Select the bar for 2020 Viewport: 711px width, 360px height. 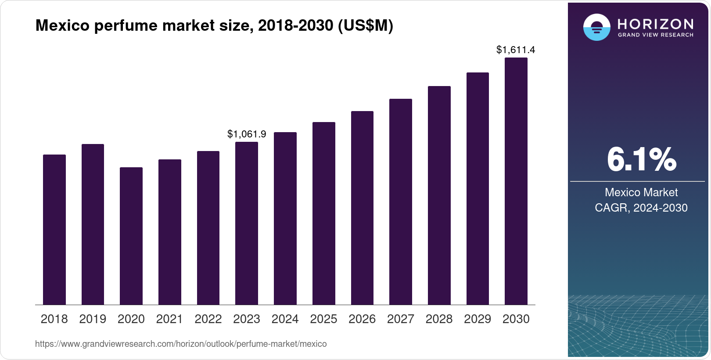pos(131,236)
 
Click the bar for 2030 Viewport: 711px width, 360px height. pos(516,181)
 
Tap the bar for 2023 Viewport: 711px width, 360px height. pos(246,223)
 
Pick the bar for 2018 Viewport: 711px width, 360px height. pos(54,230)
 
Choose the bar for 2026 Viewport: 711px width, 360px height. pos(362,208)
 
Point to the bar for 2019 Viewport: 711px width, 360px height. pos(93,224)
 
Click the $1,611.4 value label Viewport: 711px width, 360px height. pos(515,50)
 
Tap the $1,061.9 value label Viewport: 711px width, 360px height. pos(246,134)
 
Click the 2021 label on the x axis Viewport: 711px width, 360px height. pos(169,319)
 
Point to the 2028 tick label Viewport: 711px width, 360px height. pos(439,319)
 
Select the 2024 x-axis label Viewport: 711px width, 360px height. pos(285,319)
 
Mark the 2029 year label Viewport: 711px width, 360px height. pos(478,319)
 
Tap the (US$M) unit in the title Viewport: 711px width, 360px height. pos(365,25)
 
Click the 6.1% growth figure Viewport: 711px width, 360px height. pos(641,159)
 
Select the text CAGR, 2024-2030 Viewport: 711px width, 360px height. pos(641,208)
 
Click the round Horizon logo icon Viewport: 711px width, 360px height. pos(596,27)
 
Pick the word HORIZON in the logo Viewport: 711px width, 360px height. pos(655,24)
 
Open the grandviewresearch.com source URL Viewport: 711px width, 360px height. pos(181,344)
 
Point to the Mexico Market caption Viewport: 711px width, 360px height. pos(641,192)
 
